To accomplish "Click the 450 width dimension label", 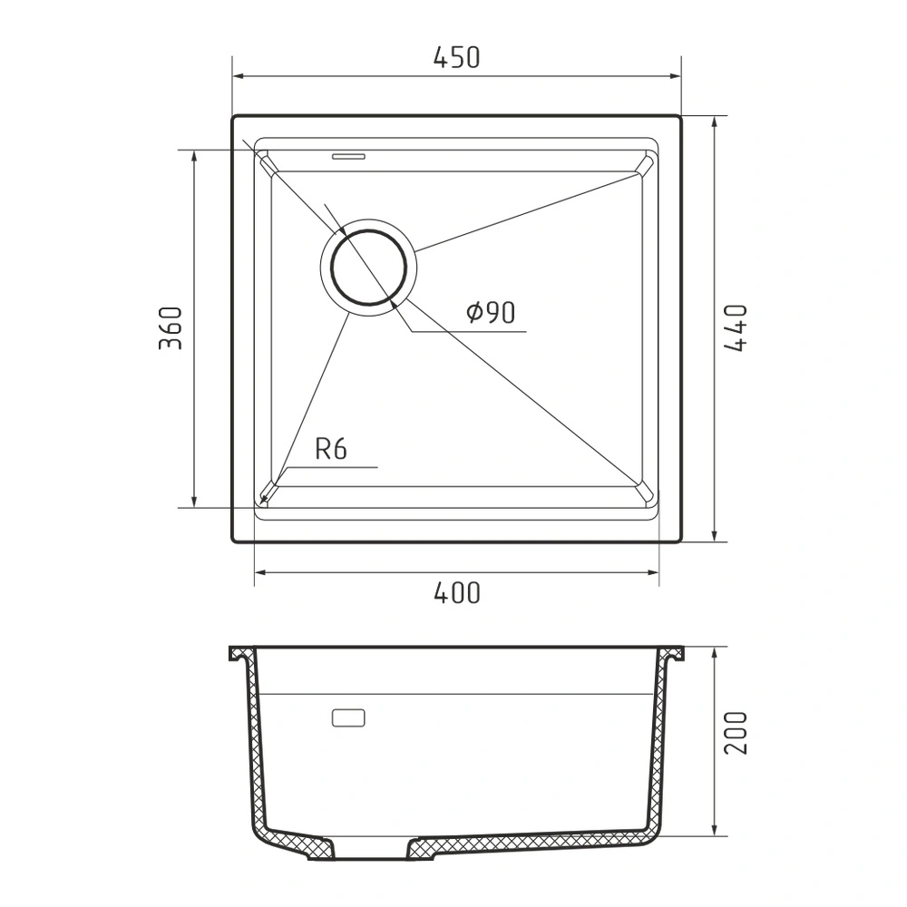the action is point(456,57).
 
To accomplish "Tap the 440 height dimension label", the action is point(736,328).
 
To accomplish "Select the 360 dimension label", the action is point(171,328).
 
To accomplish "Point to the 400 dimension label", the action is point(456,593).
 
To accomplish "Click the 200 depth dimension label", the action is point(736,733).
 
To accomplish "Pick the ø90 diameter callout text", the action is point(491,313).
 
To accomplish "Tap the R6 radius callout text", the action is point(331,449).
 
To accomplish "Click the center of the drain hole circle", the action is point(368,268).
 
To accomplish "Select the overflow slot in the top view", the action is point(348,156).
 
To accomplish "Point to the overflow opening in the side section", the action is point(348,717).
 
